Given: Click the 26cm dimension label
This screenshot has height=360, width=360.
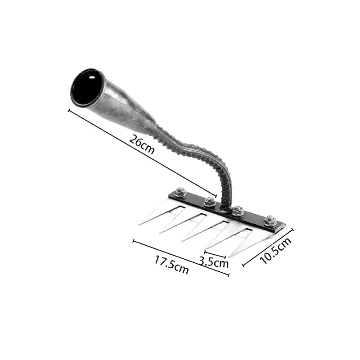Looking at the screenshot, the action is (142, 144).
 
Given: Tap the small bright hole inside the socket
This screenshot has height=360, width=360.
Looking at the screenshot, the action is (92, 77).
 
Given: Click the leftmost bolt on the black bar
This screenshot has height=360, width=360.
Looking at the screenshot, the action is (180, 193).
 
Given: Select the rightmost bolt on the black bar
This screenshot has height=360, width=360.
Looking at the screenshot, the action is (270, 221).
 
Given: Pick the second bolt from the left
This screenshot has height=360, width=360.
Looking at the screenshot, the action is (210, 202).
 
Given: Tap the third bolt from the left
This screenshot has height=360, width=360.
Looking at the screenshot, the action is (238, 211).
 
